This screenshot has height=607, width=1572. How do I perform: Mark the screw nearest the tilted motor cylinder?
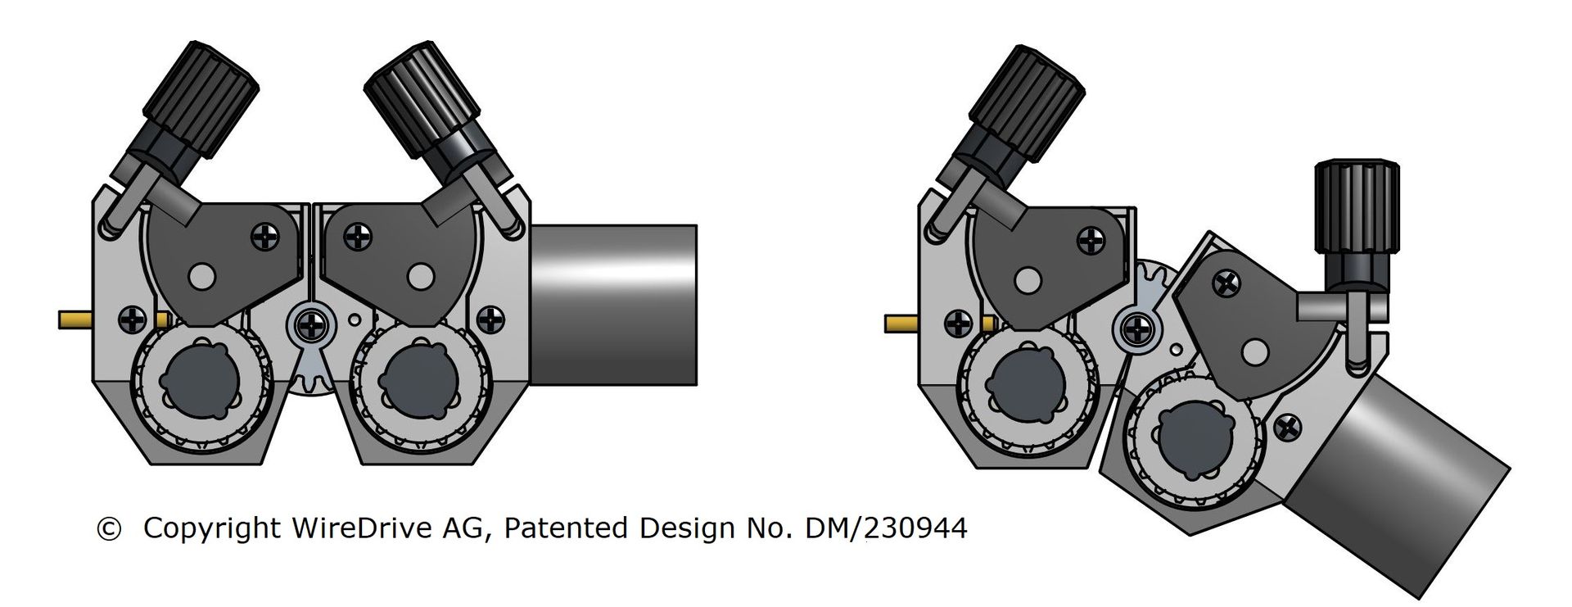(1287, 426)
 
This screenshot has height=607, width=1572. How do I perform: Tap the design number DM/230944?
(886, 528)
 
